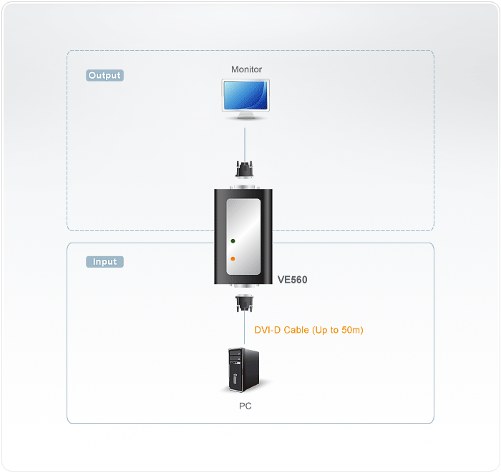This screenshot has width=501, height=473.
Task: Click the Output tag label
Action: tap(104, 75)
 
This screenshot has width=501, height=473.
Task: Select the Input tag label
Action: tap(104, 262)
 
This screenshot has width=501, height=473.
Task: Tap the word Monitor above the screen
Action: tap(246, 69)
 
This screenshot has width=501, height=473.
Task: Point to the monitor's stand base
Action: tap(246, 117)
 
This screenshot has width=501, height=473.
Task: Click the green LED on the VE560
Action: tap(233, 243)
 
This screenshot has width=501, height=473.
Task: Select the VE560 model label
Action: tap(292, 280)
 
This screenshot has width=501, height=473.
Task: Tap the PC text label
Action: tap(245, 406)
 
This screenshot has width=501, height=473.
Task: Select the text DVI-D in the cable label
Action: tap(268, 330)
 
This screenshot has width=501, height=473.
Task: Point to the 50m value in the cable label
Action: tap(352, 330)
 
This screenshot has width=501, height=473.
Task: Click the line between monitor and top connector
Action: tap(245, 143)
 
